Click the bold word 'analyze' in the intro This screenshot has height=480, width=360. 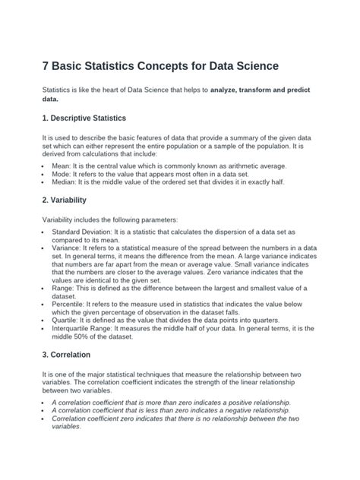tap(229, 90)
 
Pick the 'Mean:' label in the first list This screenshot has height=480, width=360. tap(63, 166)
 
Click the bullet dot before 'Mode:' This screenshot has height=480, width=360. tap(44, 173)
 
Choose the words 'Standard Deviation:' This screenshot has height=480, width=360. tap(86, 231)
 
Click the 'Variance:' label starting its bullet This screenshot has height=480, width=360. tap(68, 248)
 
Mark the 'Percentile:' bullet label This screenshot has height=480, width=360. tap(71, 302)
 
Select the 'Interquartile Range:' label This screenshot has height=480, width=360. tap(86, 329)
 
